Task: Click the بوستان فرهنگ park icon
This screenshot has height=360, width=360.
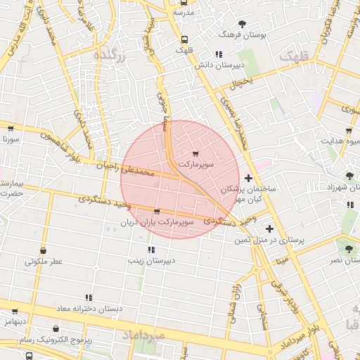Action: coord(243,24)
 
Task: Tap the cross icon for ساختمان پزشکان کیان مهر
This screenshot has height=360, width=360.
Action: coord(247,179)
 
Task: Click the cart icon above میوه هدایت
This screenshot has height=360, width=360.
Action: coord(349,131)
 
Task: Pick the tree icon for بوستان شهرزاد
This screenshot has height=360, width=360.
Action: coord(350,176)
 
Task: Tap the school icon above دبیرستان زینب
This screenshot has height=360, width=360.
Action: coord(150,250)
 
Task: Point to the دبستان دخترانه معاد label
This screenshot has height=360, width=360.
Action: coord(89,308)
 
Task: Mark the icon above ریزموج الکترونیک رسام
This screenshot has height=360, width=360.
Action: coord(56,328)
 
